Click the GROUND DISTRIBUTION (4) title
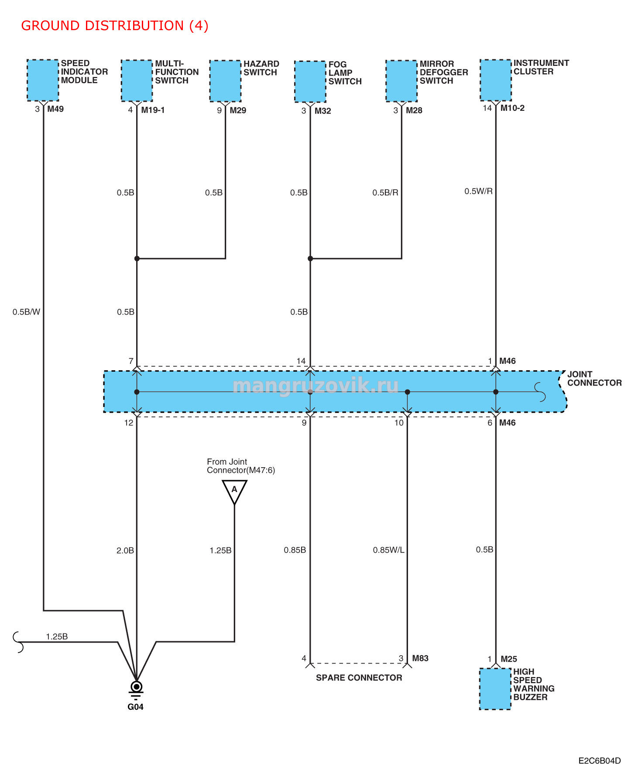pyautogui.click(x=115, y=26)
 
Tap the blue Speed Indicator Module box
pyautogui.click(x=43, y=80)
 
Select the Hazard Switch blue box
pyautogui.click(x=225, y=81)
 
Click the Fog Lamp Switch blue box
pyautogui.click(x=310, y=82)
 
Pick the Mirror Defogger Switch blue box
pyautogui.click(x=401, y=81)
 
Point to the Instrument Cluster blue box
pyautogui.click(x=496, y=80)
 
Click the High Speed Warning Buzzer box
pyautogui.click(x=495, y=689)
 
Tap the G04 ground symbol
pyautogui.click(x=136, y=690)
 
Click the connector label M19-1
pyautogui.click(x=153, y=110)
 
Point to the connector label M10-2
pyautogui.click(x=512, y=108)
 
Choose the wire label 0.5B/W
pyautogui.click(x=26, y=312)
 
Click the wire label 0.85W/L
pyautogui.click(x=388, y=550)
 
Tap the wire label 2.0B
pyautogui.click(x=125, y=551)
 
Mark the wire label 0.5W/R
pyautogui.click(x=478, y=191)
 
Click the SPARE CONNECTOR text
pyautogui.click(x=359, y=677)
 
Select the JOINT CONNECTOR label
pyautogui.click(x=594, y=379)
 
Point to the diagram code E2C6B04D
pyautogui.click(x=600, y=761)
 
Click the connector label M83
pyautogui.click(x=420, y=658)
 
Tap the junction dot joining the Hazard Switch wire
pyautogui.click(x=137, y=259)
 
